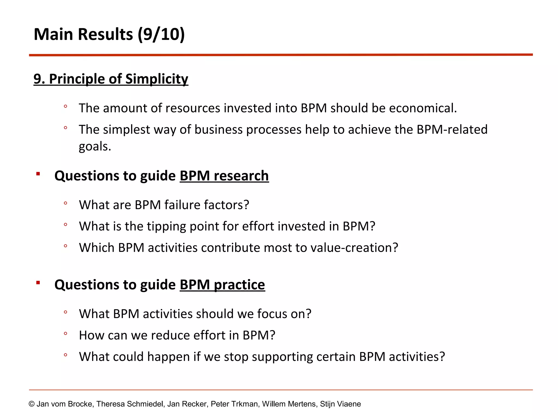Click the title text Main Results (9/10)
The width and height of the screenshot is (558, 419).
tap(109, 34)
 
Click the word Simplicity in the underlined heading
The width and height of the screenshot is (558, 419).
tap(157, 79)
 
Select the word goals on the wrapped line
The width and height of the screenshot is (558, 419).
tap(94, 147)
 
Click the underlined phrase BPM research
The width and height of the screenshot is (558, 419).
tap(224, 176)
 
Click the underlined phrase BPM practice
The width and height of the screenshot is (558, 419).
tap(222, 285)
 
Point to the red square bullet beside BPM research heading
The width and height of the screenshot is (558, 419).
tap(38, 174)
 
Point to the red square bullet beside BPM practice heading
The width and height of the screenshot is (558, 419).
tap(38, 283)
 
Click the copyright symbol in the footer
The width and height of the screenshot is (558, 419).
tap(32, 404)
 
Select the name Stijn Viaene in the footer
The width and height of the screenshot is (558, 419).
tap(340, 404)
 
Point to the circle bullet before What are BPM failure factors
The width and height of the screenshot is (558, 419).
tap(65, 203)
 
